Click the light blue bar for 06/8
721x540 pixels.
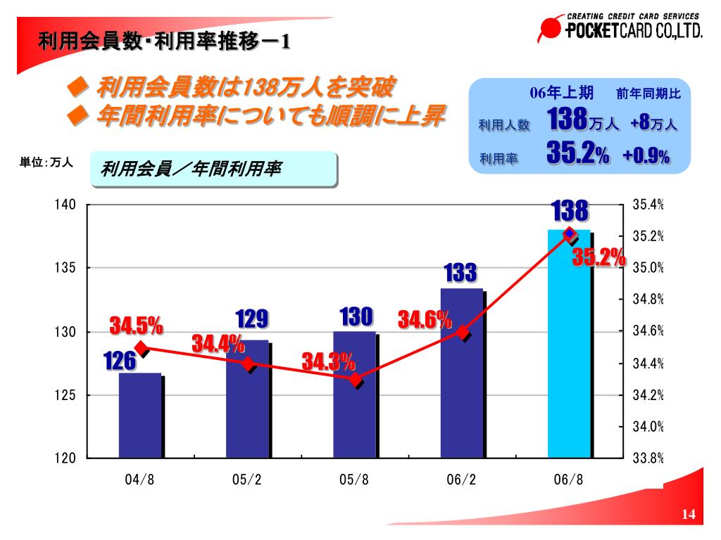(569, 345)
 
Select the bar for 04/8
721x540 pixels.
(140, 416)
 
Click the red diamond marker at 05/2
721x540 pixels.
(249, 364)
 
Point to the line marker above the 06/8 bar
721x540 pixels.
(570, 234)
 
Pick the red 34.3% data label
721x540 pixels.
(328, 362)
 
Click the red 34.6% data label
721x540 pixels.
(425, 320)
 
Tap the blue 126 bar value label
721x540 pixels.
(120, 361)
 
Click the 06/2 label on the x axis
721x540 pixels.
(461, 480)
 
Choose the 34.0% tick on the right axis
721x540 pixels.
(648, 427)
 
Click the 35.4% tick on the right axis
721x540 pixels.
(648, 205)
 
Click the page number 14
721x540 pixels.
(688, 516)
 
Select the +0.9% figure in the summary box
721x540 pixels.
(646, 156)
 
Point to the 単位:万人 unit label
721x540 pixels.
(46, 162)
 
